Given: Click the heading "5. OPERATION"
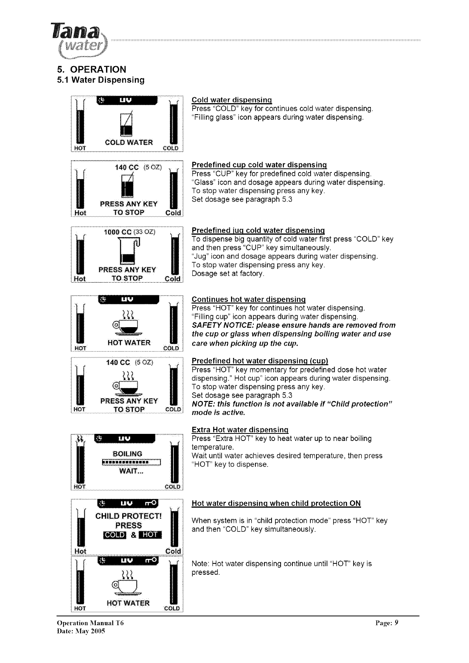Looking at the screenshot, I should click(x=91, y=70).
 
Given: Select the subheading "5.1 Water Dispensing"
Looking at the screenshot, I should click(x=100, y=80).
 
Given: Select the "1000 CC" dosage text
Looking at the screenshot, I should click(x=117, y=232).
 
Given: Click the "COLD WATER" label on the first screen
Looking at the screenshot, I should click(x=128, y=143).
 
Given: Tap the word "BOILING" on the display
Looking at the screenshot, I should click(x=127, y=454).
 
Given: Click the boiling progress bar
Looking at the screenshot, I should click(x=131, y=462).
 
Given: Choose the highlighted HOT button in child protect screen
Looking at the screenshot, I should click(x=151, y=535).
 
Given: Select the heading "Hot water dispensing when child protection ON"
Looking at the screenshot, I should click(x=276, y=504).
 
